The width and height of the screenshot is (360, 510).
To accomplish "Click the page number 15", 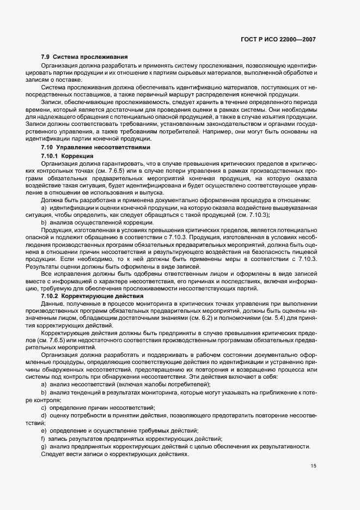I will [313, 466].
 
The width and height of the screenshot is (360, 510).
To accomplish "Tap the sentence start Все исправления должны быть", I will [82, 275].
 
